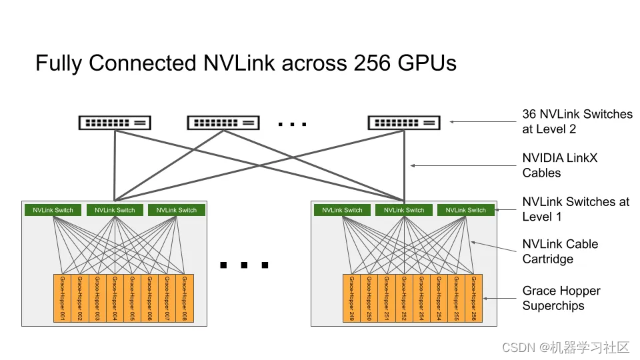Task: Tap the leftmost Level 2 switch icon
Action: click(x=115, y=123)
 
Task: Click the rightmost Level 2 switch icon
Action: click(x=403, y=123)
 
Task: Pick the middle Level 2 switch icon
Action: click(x=223, y=123)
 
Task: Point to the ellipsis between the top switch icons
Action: click(x=292, y=124)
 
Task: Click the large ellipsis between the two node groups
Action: click(x=244, y=265)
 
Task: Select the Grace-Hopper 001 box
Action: click(x=62, y=298)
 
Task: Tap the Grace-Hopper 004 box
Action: click(x=115, y=298)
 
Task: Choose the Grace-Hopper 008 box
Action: click(x=185, y=298)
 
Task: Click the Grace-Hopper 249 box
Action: click(x=351, y=298)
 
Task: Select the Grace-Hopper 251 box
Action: click(x=387, y=298)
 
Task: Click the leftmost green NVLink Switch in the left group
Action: click(x=53, y=210)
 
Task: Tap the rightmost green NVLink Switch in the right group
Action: click(x=466, y=210)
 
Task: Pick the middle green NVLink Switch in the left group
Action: click(x=115, y=210)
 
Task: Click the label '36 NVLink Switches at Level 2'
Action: click(x=577, y=121)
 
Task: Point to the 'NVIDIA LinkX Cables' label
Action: click(x=559, y=165)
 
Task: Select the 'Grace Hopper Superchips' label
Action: click(x=561, y=298)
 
